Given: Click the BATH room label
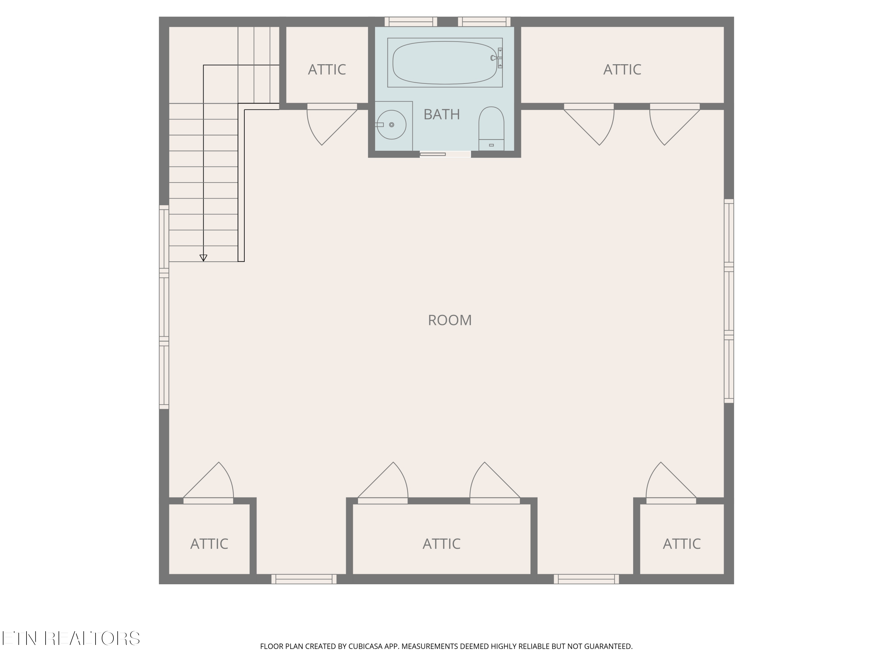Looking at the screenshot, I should pos(442,114).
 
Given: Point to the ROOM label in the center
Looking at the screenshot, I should pos(450,320).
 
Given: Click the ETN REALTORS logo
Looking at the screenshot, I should pos(71,638).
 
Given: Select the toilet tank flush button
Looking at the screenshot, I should pos(491,145).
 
